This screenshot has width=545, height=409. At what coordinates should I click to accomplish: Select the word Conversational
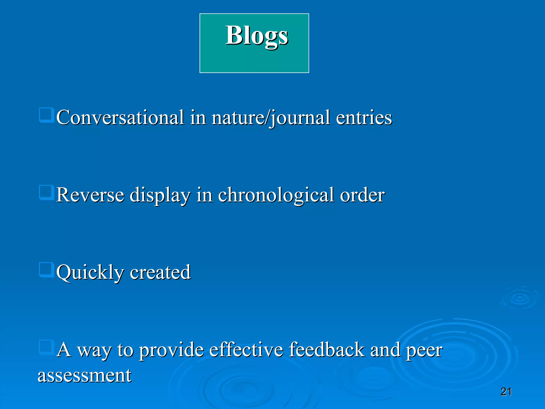click(x=120, y=117)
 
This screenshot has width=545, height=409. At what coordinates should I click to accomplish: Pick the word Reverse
click(x=90, y=195)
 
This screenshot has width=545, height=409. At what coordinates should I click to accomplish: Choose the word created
click(x=160, y=272)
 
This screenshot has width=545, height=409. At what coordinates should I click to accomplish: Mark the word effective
click(x=246, y=350)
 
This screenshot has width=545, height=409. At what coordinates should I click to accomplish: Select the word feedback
click(x=327, y=350)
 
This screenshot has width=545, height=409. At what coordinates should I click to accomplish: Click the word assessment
click(x=84, y=375)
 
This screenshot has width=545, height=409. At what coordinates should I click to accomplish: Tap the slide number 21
click(x=506, y=392)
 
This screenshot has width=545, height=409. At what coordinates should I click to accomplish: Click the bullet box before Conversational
click(x=47, y=115)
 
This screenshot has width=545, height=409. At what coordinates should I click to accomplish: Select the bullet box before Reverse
click(x=47, y=193)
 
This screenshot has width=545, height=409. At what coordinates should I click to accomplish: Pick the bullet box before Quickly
click(x=47, y=270)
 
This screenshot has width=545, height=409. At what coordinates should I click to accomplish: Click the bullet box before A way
click(x=47, y=347)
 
